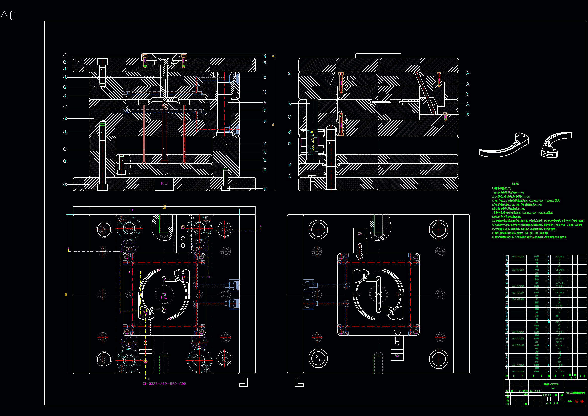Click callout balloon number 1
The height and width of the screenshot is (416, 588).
[65, 55]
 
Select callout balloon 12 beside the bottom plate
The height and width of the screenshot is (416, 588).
[65, 184]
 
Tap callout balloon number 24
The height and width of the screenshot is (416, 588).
[265, 56]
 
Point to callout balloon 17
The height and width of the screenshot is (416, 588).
[265, 144]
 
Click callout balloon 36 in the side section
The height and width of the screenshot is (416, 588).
[467, 73]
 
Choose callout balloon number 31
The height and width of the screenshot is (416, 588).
[289, 176]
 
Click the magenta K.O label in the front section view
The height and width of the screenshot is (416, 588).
[164, 183]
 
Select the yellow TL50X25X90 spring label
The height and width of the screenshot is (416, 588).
[312, 142]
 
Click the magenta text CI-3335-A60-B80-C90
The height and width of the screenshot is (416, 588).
[164, 384]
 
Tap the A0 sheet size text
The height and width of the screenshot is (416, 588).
[8, 16]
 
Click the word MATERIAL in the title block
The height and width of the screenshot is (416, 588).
[555, 384]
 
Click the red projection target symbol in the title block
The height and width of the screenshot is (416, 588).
[582, 401]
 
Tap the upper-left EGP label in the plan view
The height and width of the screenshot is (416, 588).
[129, 249]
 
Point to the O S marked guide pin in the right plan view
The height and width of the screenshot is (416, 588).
[318, 358]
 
